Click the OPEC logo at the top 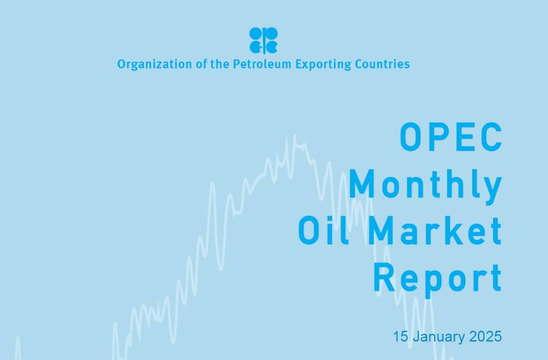(x=263, y=40)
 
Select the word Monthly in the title (x=425, y=185)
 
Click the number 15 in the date (x=400, y=336)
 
